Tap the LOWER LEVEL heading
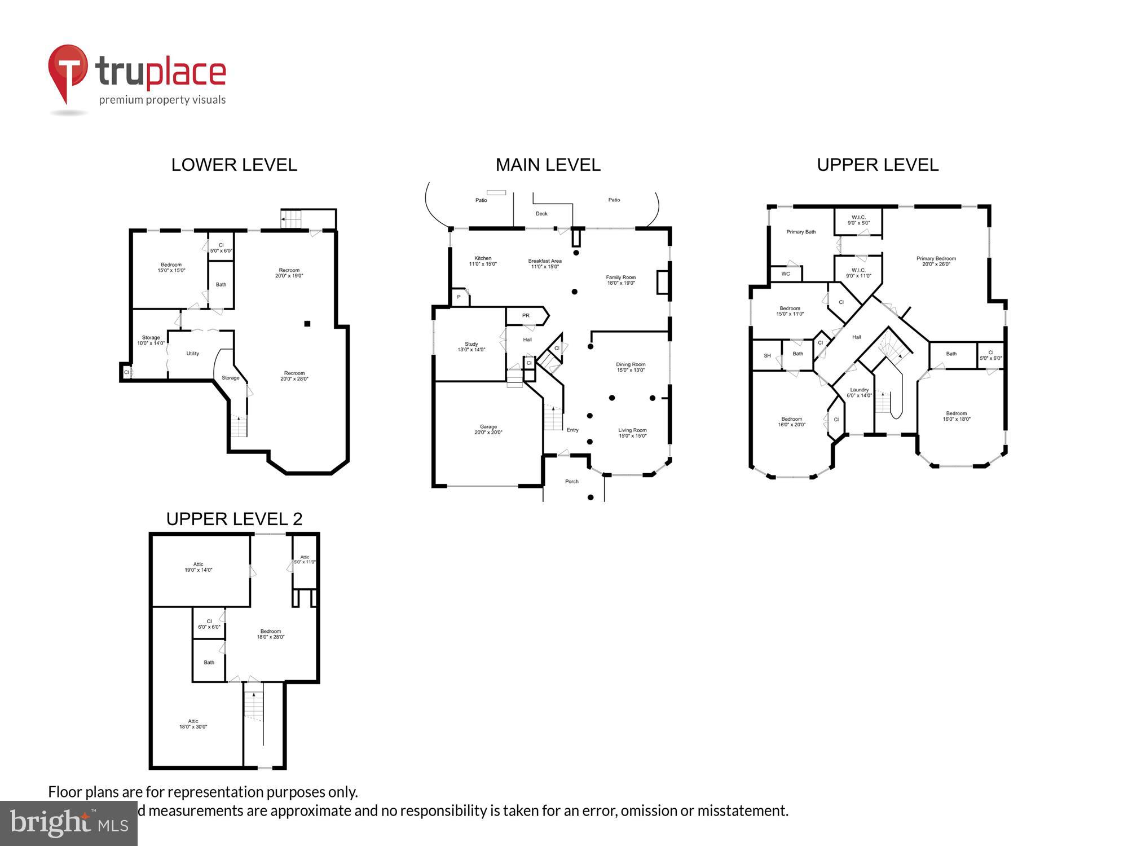tap(234, 165)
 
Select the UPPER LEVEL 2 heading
tap(234, 519)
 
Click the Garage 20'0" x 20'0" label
tap(488, 430)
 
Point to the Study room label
tap(472, 347)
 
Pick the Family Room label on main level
tap(621, 280)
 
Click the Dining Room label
tap(631, 367)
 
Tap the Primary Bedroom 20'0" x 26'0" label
tap(936, 261)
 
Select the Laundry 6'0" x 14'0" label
tap(860, 393)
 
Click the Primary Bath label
tap(801, 232)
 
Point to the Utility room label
tap(193, 354)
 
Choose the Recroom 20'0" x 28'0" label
tap(294, 376)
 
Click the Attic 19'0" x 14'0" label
tap(199, 567)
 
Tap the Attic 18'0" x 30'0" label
tap(193, 724)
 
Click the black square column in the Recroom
tap(307, 324)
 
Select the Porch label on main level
tap(572, 482)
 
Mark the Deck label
tap(541, 214)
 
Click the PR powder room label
tap(526, 316)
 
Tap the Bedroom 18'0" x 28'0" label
tap(271, 634)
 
